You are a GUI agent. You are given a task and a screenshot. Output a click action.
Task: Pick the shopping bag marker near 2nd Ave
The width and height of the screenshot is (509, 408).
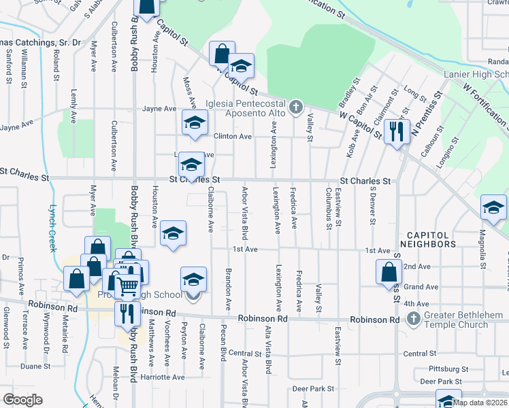[x=388, y=272]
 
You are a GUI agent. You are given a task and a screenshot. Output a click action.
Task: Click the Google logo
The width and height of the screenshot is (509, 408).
[x=22, y=400]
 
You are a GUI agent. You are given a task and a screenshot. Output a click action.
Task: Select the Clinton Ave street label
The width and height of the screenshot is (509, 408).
[x=233, y=137]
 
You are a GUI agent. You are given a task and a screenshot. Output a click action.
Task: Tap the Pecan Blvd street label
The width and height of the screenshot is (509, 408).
[x=223, y=343]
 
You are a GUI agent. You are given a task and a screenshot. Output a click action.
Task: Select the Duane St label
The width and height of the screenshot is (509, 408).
[x=33, y=366]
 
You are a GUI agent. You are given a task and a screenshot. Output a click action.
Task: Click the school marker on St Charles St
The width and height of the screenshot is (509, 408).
[x=192, y=165]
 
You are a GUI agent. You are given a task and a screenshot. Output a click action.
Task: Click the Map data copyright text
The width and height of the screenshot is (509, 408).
[x=479, y=402]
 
